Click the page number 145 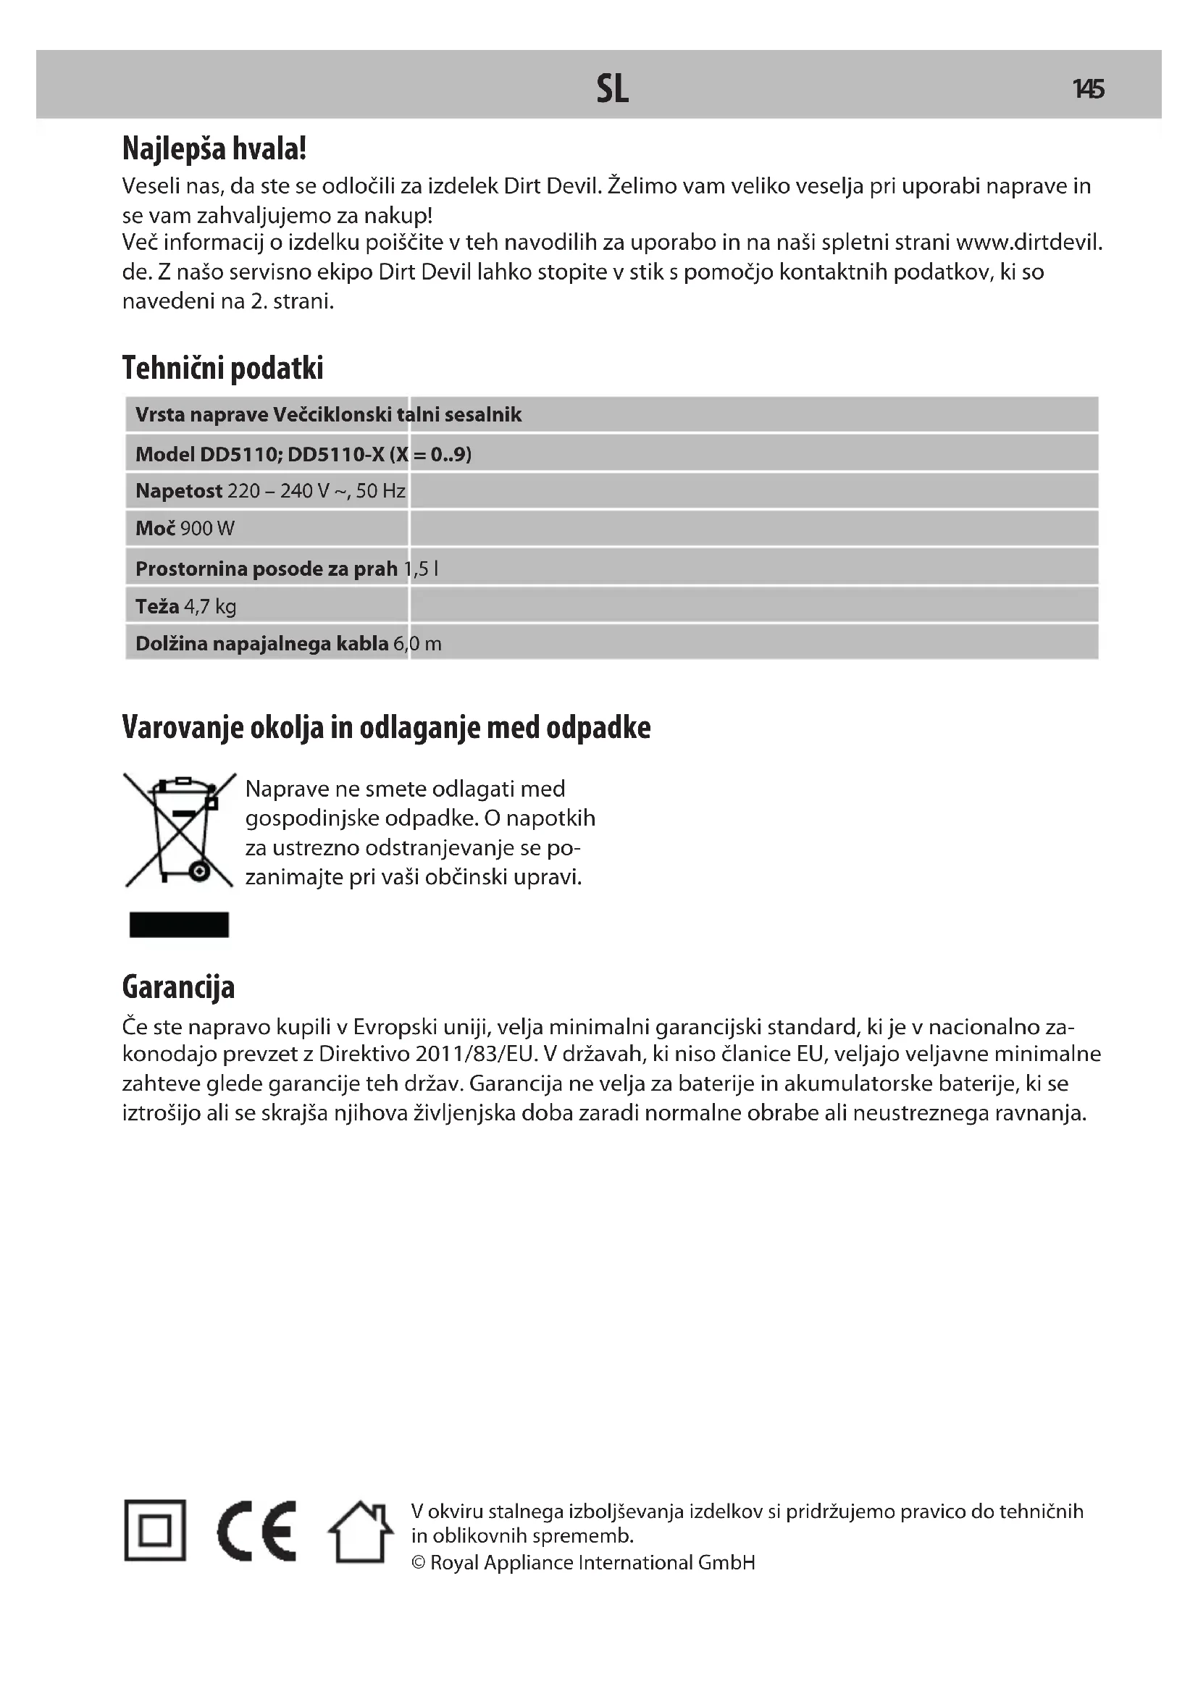pyautogui.click(x=1088, y=89)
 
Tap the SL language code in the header pyautogui.click(x=612, y=89)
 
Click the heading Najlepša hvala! pyautogui.click(x=214, y=148)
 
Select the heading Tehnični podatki pyautogui.click(x=223, y=368)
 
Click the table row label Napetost pyautogui.click(x=178, y=490)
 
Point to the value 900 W pyautogui.click(x=207, y=528)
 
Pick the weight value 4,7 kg pyautogui.click(x=210, y=606)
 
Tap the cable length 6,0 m pyautogui.click(x=417, y=643)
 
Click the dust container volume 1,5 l pyautogui.click(x=422, y=568)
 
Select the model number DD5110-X pyautogui.click(x=335, y=454)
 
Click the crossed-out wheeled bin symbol pyautogui.click(x=179, y=829)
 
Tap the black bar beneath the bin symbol pyautogui.click(x=179, y=924)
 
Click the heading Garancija pyautogui.click(x=178, y=987)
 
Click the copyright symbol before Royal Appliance pyautogui.click(x=418, y=1562)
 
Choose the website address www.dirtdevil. pyautogui.click(x=1029, y=242)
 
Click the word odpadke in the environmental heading pyautogui.click(x=598, y=727)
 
